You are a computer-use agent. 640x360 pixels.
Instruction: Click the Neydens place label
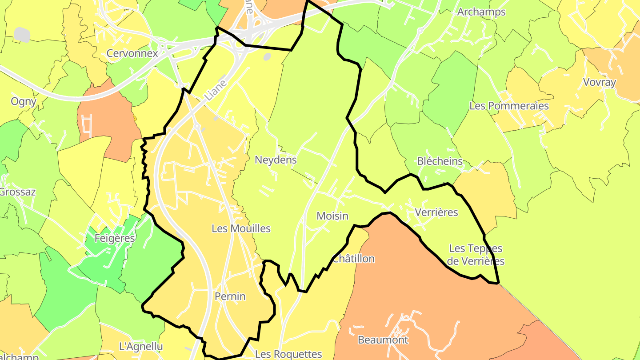coord(276,160)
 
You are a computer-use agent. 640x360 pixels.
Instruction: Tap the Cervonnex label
coord(132,54)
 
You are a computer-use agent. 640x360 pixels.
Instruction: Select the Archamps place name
coord(481,12)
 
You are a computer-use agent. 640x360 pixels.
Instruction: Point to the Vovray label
coord(600,82)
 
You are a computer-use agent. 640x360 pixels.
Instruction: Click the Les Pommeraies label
coord(509,106)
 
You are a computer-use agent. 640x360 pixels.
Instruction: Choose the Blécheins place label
coord(440,161)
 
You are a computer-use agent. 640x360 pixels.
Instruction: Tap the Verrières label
coord(436,212)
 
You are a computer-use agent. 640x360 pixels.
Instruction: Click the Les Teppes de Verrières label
coord(476,255)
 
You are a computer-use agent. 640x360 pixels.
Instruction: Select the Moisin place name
coord(332,216)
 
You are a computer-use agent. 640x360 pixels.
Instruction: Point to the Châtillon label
coord(354,259)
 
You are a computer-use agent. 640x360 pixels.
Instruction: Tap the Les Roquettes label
coord(288,354)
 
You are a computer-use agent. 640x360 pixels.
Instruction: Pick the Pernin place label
coord(230,296)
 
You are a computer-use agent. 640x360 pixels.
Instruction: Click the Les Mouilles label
coord(241,229)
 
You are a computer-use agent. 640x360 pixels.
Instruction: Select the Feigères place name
coord(115,239)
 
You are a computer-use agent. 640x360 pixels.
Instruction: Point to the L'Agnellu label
coord(141,346)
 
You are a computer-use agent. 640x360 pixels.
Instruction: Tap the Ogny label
coord(24,101)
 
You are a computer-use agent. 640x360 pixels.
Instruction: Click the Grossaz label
coord(18,192)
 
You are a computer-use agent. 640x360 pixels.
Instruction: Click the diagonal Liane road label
coord(216,90)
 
